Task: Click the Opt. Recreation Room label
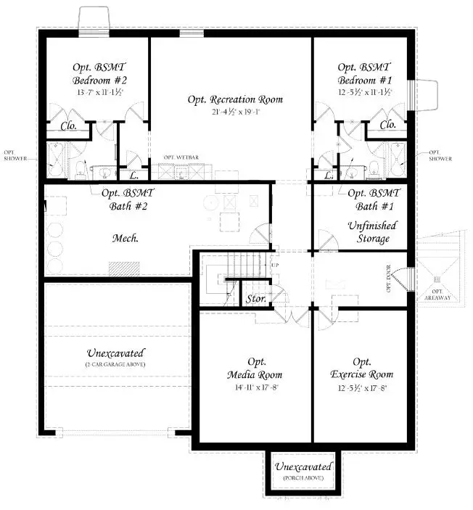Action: (x=235, y=99)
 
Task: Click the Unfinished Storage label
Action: (x=368, y=231)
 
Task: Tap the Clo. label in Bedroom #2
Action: (x=69, y=126)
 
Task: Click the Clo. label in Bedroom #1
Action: (x=387, y=125)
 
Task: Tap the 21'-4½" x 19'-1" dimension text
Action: (x=235, y=112)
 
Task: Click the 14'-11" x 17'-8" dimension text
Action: (x=254, y=388)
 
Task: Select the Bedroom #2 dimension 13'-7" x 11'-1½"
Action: (x=99, y=93)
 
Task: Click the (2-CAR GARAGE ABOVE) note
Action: (x=115, y=363)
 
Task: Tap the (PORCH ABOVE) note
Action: (x=303, y=480)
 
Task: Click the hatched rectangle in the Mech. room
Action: (x=124, y=268)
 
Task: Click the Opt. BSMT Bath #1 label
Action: (x=374, y=200)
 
